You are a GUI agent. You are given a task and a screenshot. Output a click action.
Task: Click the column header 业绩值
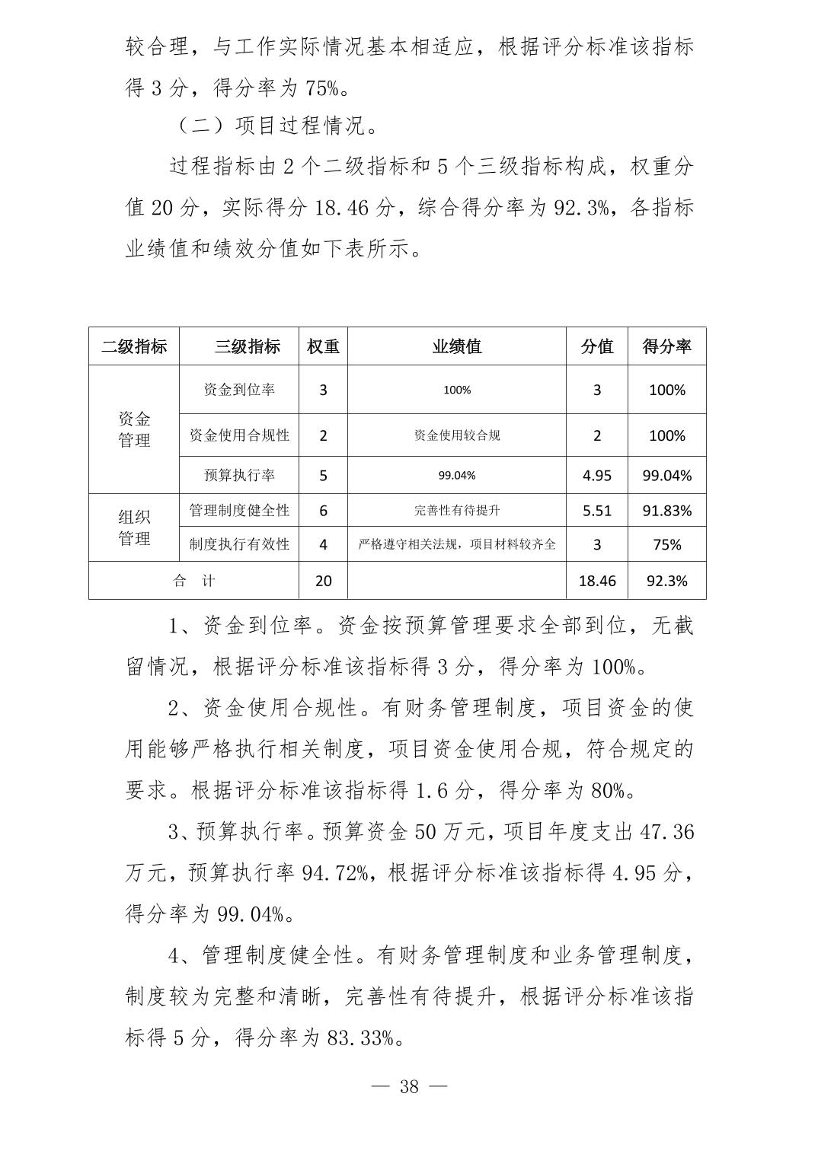(457, 346)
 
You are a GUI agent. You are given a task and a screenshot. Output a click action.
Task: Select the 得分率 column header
(666, 346)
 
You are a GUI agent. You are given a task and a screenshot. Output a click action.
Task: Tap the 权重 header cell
(323, 346)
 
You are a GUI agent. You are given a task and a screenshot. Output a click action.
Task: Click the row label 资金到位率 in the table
(239, 390)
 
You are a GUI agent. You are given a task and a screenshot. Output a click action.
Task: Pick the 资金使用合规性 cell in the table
(239, 435)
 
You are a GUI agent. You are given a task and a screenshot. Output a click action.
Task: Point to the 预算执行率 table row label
(239, 475)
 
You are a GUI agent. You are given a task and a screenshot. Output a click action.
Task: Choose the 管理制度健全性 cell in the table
(239, 510)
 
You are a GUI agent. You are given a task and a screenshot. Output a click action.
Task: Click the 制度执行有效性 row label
(239, 544)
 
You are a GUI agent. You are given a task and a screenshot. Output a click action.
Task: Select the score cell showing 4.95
(597, 475)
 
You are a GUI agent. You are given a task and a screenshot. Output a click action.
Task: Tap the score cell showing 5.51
(597, 510)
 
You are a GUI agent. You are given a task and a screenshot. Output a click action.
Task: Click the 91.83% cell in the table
(666, 510)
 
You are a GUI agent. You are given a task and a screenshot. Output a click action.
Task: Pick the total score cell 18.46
(597, 581)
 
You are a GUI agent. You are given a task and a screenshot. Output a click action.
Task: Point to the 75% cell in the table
(666, 544)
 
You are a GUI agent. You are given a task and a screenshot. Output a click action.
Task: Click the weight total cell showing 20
(323, 581)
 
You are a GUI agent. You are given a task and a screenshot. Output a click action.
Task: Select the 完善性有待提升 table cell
(457, 510)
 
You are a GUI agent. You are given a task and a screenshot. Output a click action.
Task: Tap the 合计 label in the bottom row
(193, 581)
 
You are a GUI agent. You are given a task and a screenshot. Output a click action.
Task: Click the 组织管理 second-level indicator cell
(134, 528)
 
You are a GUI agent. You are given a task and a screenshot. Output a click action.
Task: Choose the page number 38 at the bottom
(409, 1086)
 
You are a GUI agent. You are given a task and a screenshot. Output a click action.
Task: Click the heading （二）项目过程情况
(276, 126)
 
